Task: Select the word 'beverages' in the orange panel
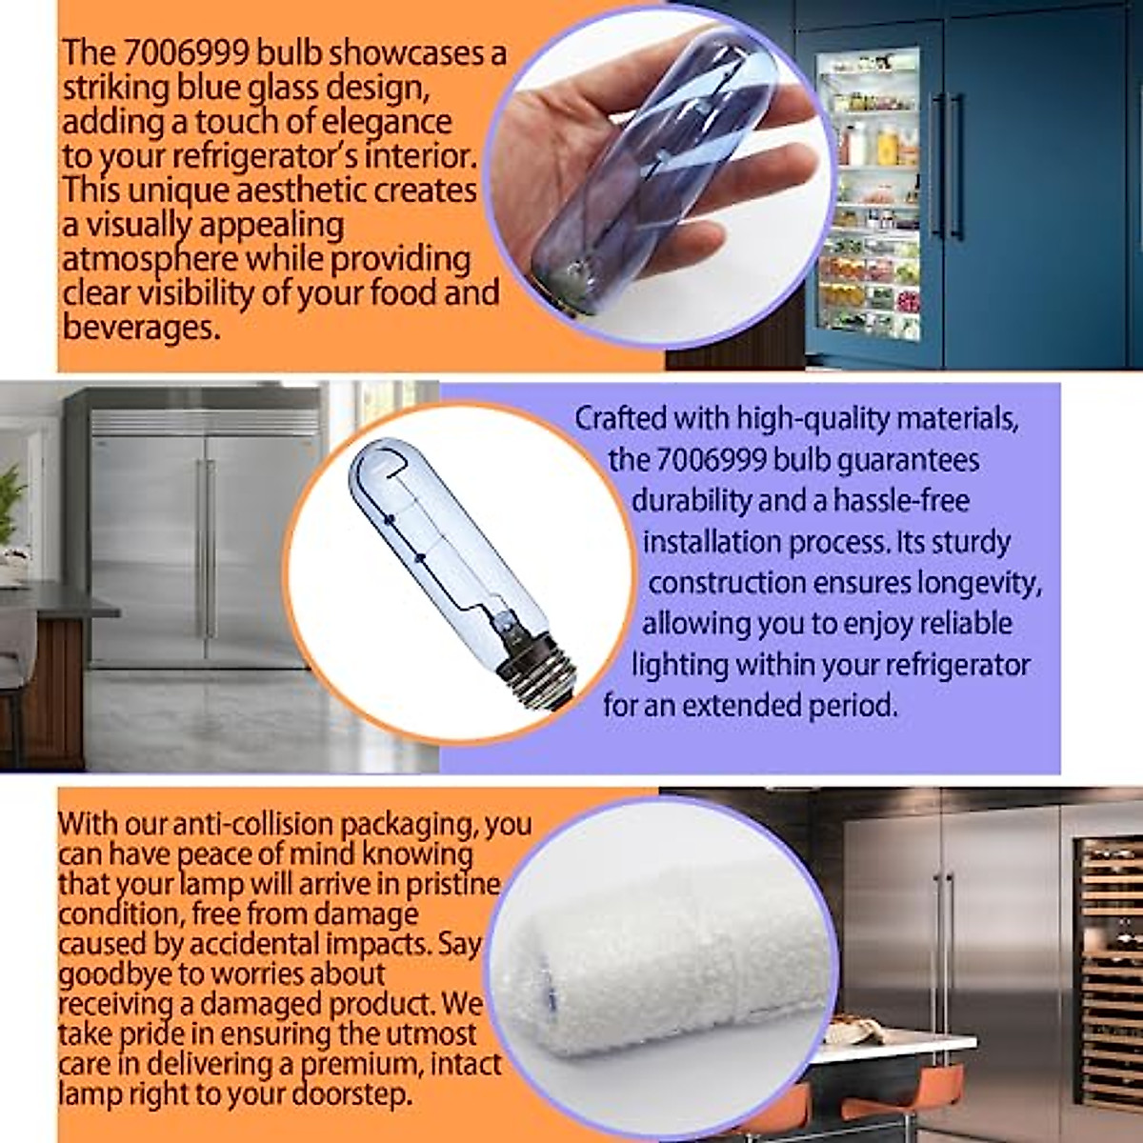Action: [138, 328]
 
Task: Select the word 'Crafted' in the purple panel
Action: [620, 419]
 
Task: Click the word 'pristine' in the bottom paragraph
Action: [452, 885]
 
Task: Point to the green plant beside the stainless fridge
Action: [11, 505]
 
